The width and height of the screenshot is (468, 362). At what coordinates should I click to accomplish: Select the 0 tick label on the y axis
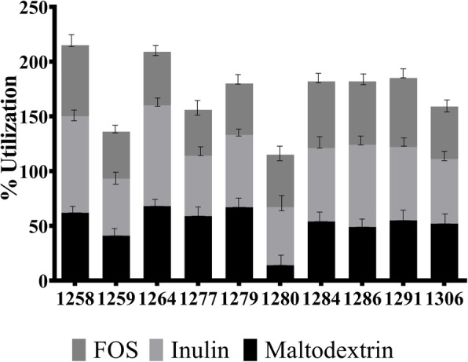click(43, 280)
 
